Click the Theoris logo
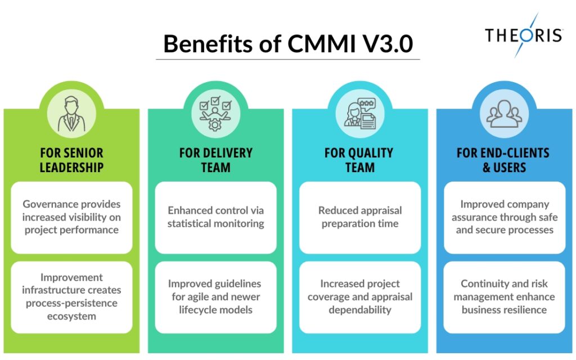click(523, 35)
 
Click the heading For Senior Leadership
click(71, 160)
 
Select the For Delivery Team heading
click(215, 160)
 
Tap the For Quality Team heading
click(360, 160)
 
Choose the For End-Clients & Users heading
click(504, 160)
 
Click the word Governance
click(49, 204)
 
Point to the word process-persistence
click(71, 303)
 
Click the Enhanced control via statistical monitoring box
click(215, 217)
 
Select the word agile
click(202, 296)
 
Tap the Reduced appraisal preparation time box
click(360, 217)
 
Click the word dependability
click(360, 310)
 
